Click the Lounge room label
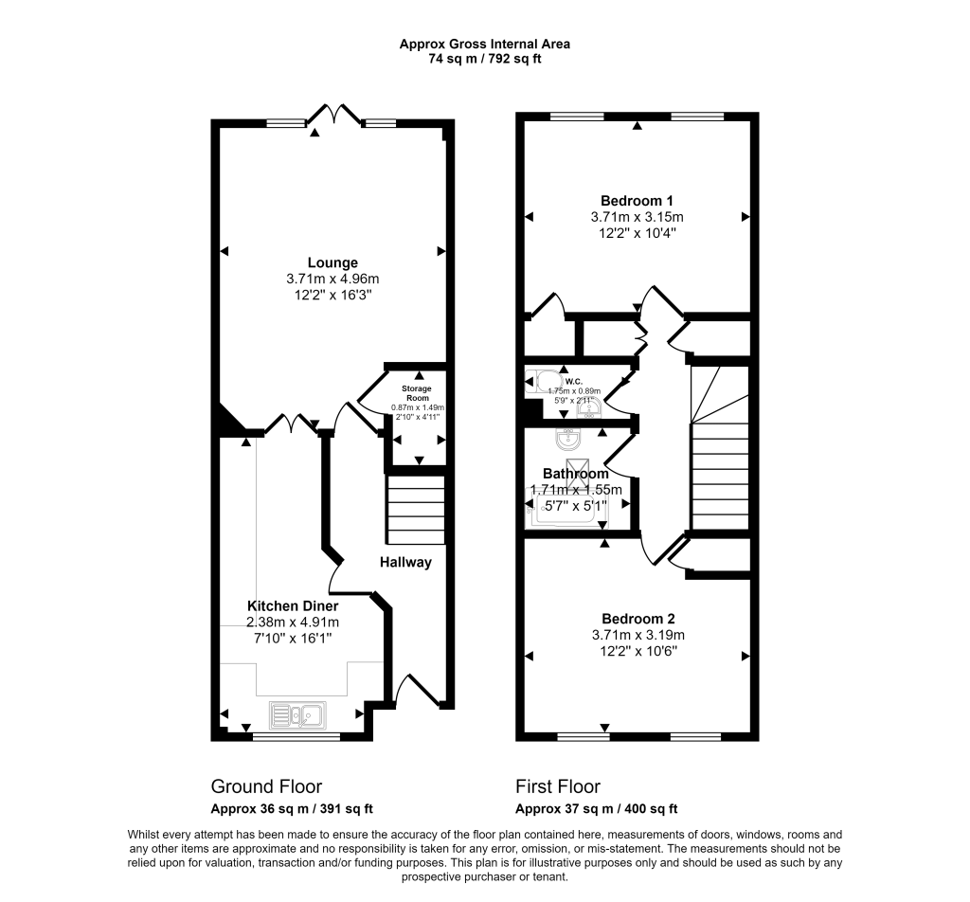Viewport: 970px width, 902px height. click(332, 262)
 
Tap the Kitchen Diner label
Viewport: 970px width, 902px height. click(293, 605)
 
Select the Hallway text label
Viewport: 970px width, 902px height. click(405, 562)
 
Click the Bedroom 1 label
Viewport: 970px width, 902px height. click(637, 200)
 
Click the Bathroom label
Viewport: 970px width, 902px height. click(575, 473)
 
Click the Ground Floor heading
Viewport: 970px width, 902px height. click(265, 786)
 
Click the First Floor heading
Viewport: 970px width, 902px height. click(558, 786)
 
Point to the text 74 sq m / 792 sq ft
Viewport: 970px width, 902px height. click(484, 59)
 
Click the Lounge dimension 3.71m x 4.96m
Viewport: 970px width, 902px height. click(332, 279)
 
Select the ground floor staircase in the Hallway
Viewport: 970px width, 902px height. click(415, 509)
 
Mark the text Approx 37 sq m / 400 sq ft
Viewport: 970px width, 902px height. click(596, 809)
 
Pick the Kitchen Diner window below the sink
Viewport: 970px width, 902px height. click(296, 735)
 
